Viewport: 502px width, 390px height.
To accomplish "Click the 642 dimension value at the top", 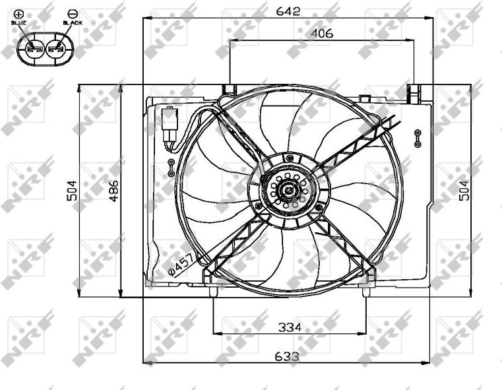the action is coord(288,11).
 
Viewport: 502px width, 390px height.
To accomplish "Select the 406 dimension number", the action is coord(322,33).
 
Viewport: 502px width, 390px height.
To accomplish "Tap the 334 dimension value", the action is coord(290,327).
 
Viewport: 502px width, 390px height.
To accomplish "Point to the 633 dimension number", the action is coord(287,356).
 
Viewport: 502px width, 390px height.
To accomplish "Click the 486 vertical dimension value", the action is coord(113,191).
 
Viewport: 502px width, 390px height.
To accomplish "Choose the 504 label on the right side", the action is coord(464,191).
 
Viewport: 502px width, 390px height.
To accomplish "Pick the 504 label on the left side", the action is coord(72,191).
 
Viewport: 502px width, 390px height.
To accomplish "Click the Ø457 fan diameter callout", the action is coord(181,265).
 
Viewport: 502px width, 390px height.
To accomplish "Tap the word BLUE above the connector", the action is coord(18,22).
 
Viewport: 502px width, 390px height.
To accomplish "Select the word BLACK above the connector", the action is coord(73,22).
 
